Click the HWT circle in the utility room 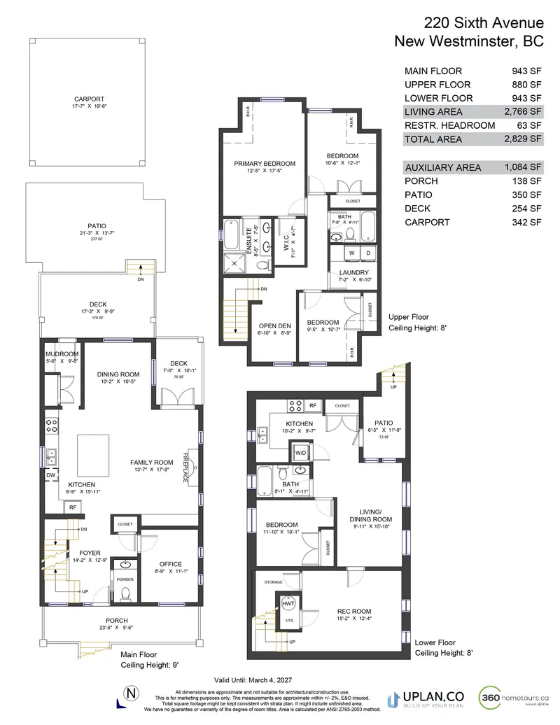click(x=288, y=603)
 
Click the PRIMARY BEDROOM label click(x=265, y=164)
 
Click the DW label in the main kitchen click(x=51, y=475)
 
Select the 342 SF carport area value click(x=526, y=222)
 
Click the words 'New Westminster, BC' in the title click(x=469, y=41)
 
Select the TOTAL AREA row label click(x=433, y=139)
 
